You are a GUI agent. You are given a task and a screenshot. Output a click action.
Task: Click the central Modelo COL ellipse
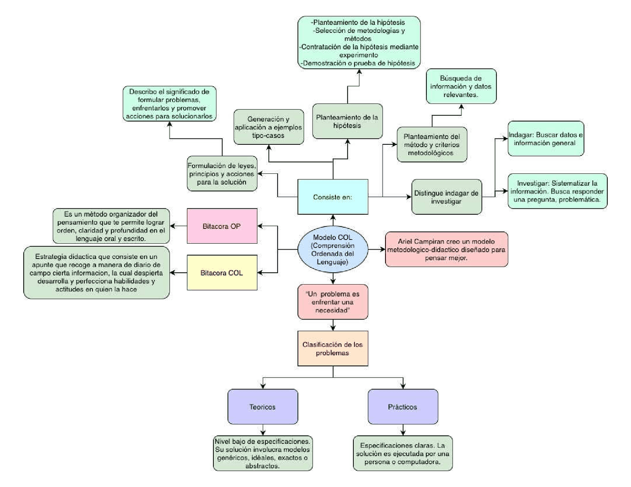333,250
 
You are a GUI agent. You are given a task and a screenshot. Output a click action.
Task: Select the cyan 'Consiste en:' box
333,197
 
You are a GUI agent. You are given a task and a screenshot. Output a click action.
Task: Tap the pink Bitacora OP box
222,226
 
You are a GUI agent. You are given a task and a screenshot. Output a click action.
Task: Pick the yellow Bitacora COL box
222,273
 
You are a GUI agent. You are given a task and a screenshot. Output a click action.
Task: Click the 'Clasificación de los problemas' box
333,349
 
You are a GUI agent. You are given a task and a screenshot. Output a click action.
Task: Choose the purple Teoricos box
262,407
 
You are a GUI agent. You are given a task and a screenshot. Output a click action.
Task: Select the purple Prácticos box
403,407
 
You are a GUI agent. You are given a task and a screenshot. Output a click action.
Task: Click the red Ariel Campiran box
446,250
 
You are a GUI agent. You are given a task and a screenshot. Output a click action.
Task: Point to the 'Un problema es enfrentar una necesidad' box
333,302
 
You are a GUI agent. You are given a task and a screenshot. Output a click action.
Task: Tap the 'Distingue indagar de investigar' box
446,197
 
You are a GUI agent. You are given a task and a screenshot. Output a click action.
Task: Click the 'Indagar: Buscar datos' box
546,139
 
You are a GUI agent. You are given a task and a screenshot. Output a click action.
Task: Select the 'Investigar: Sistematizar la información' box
557,191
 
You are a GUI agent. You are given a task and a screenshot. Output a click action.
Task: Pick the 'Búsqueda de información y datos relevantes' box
461,86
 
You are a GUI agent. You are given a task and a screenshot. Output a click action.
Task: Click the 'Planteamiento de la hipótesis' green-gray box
347,121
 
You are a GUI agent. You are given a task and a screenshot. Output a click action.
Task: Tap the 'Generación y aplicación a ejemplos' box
269,127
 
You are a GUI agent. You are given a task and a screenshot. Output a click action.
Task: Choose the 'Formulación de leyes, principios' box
222,174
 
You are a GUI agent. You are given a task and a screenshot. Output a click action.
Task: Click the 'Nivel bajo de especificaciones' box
263,454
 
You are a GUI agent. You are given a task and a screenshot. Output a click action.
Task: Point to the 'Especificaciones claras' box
403,454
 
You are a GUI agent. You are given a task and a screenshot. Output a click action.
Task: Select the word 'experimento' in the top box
358,55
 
